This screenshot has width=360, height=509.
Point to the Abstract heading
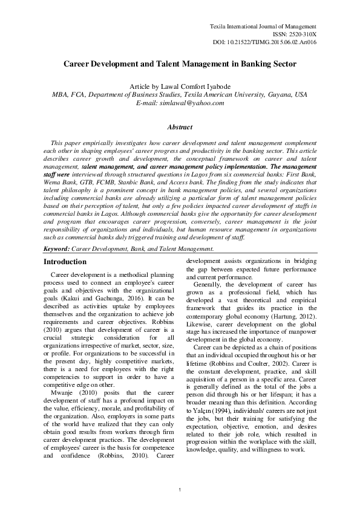[x=180, y=128]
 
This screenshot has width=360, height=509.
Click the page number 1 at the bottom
[x=180, y=488]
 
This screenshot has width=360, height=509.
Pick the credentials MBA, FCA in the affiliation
[x=69, y=96]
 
